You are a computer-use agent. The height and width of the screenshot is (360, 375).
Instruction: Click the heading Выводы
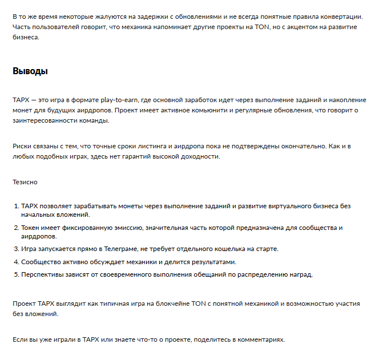pyautogui.click(x=30, y=71)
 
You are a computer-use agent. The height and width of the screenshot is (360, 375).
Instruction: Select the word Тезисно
pyautogui.click(x=25, y=183)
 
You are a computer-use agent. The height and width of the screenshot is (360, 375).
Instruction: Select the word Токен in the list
pyautogui.click(x=31, y=228)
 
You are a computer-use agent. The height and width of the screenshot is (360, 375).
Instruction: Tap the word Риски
pyautogui.click(x=22, y=147)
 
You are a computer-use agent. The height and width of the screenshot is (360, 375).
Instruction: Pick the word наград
pyautogui.click(x=301, y=274)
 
